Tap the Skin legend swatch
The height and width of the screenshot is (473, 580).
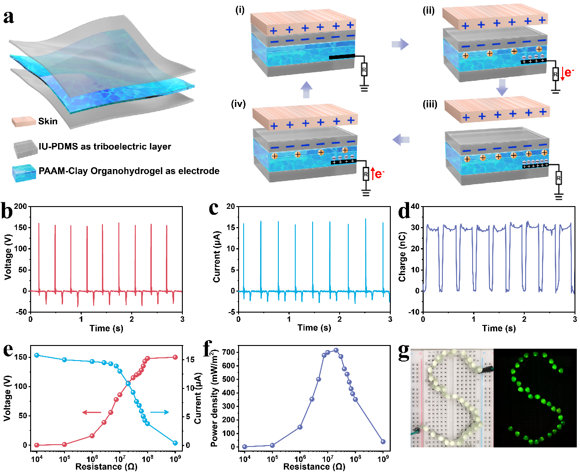[24, 121]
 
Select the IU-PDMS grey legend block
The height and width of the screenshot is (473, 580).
[26, 148]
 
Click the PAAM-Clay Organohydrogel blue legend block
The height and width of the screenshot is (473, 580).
[25, 173]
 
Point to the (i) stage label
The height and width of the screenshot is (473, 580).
[240, 10]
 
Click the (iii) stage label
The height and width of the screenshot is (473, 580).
[430, 104]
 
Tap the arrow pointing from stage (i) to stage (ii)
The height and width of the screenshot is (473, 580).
[400, 44]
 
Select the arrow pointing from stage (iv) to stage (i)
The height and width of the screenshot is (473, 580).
[307, 90]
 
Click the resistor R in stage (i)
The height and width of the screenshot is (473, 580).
[364, 70]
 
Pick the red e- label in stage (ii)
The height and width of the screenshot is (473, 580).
[569, 72]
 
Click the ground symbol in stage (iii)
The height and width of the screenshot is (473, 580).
[559, 197]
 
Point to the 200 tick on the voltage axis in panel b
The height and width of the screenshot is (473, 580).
[21, 207]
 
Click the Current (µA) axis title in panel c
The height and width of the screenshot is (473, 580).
[217, 256]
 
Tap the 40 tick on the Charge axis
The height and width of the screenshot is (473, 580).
[415, 207]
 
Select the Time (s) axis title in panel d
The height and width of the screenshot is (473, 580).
[499, 328]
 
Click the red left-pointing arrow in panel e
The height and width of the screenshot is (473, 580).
[91, 412]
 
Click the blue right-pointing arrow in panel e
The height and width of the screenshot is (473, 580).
[160, 412]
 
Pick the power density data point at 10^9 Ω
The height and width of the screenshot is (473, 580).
[383, 441]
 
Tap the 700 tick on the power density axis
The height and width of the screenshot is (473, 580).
[229, 352]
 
